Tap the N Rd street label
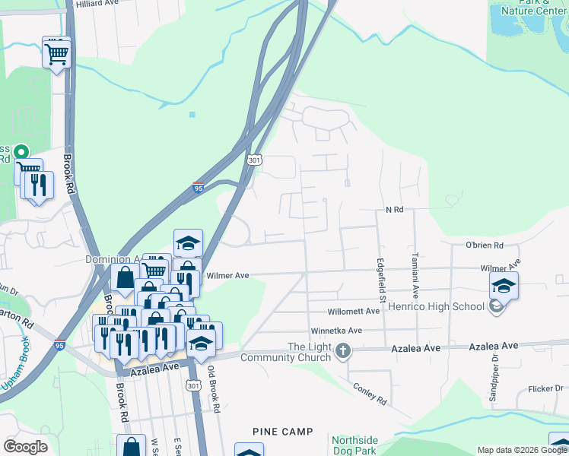(394, 209)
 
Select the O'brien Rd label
(485, 245)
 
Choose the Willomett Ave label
(353, 312)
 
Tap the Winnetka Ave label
(336, 331)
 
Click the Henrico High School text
(437, 306)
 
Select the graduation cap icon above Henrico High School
(504, 287)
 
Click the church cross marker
(343, 351)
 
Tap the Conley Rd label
(370, 393)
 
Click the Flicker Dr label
(545, 389)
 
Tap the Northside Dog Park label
(354, 445)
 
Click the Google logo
(25, 447)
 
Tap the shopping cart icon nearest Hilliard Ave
(56, 52)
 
